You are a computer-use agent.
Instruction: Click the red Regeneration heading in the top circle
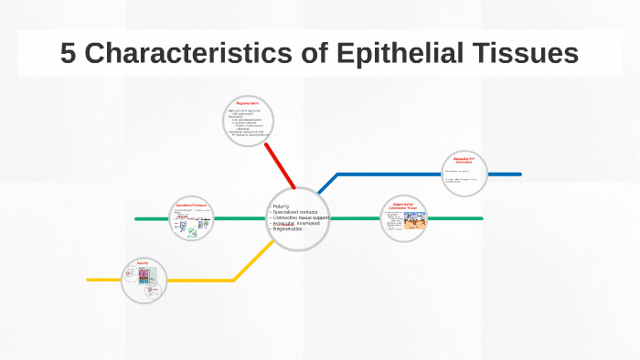click(248, 103)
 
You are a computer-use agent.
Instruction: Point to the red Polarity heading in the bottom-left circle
click(143, 263)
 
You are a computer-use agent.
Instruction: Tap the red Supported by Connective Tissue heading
click(403, 206)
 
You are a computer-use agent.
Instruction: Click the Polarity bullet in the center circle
click(283, 206)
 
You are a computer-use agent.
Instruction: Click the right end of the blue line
click(519, 174)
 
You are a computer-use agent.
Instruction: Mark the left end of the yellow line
click(90, 280)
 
